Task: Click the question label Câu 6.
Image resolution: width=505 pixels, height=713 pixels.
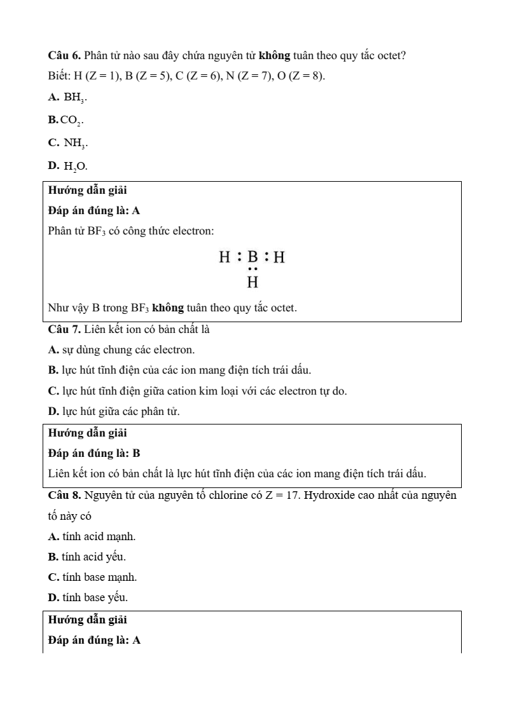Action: pos(64,56)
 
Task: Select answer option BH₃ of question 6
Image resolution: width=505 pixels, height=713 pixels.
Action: pos(75,98)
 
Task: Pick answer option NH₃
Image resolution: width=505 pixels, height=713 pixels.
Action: pos(75,144)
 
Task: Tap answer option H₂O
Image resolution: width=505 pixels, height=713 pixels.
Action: pos(76,166)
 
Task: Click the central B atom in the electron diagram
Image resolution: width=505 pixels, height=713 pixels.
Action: pos(253,257)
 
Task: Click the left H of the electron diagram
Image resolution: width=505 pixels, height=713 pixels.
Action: pos(225,257)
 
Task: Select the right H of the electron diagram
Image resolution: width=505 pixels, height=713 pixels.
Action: pos(279,257)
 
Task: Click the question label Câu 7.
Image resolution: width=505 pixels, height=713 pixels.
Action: pos(64,329)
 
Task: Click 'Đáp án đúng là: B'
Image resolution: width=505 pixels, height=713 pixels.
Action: pos(94,453)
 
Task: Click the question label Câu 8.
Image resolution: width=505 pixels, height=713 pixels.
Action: pos(64,495)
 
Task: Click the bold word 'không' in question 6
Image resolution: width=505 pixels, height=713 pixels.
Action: pos(275,56)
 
